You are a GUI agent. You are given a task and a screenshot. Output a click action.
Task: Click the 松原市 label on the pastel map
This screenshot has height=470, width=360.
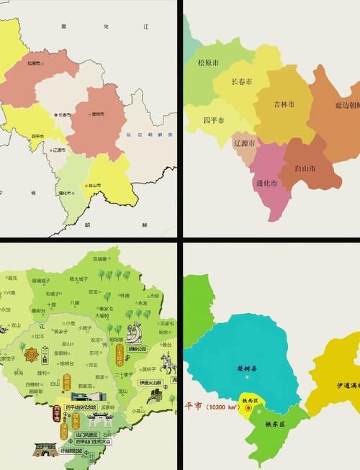[x=33, y=63]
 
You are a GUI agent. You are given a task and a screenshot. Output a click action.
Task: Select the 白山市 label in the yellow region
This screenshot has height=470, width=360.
[x=94, y=184]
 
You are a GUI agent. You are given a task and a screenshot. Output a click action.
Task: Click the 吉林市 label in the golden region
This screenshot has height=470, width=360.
[x=285, y=104]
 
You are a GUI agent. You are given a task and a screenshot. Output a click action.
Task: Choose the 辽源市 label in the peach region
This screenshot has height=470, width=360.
[x=245, y=143]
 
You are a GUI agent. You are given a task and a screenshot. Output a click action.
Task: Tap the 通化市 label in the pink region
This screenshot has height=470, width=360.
[x=266, y=183]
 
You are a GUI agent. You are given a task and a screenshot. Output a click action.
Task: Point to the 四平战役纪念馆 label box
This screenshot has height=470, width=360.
[x=81, y=407]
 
